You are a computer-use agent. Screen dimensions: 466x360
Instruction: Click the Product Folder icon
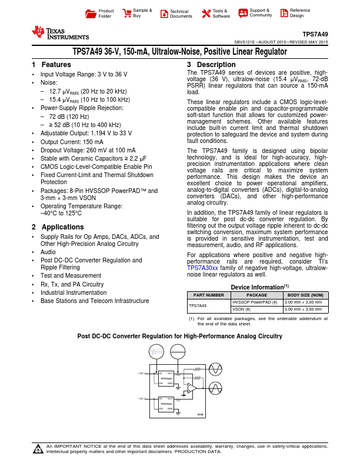(x=90, y=14)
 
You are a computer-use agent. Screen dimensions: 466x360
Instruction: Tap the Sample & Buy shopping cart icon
(x=126, y=13)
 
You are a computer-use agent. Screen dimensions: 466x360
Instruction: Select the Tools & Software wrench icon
(x=205, y=14)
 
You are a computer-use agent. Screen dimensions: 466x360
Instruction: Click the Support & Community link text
(x=260, y=13)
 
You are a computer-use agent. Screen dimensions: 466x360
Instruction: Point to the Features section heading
(x=52, y=65)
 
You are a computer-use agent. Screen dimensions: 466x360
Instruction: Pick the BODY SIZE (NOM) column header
(x=305, y=295)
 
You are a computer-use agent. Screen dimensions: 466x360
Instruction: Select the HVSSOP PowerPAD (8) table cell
(x=254, y=302)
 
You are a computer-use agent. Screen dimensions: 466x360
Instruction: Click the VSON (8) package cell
(x=242, y=309)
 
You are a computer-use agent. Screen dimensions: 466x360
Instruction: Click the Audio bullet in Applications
(x=48, y=251)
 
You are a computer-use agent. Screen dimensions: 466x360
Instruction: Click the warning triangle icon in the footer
(x=38, y=450)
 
